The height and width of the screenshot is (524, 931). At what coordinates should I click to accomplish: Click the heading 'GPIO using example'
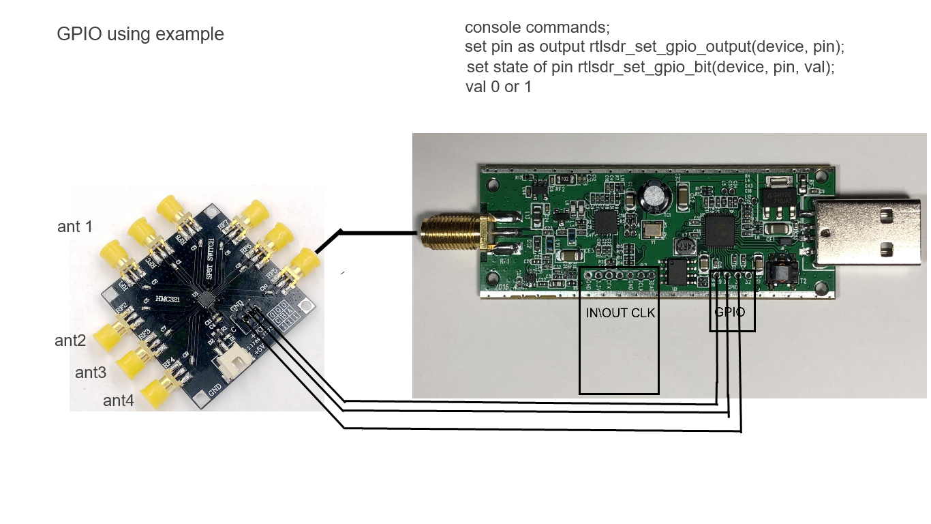pos(140,34)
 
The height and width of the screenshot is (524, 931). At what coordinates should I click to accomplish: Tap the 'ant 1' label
pos(75,227)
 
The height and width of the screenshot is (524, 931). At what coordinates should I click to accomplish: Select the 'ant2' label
pos(70,340)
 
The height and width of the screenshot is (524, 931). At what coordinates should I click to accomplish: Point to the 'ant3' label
pos(91,373)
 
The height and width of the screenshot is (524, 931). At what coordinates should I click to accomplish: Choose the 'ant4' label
pos(118,401)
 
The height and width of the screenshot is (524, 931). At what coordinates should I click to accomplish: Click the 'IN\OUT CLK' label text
pos(620,313)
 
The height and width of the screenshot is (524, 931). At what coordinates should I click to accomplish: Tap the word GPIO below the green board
pos(729,312)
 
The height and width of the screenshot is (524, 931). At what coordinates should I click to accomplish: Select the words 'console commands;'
pos(537,28)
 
